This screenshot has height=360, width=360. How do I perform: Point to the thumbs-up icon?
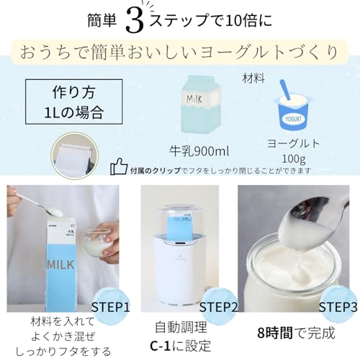point(119,168)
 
